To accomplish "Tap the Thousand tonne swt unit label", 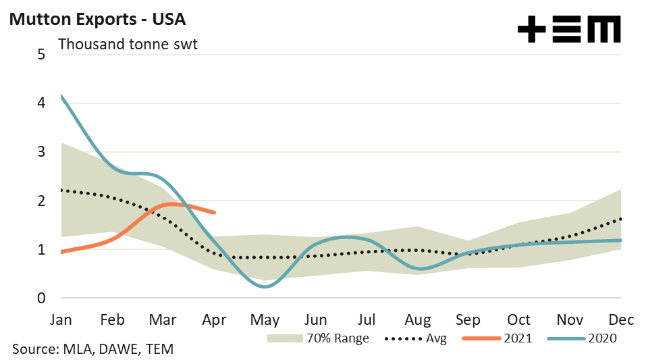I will tap(128, 45).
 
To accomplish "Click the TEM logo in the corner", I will tap(568, 30).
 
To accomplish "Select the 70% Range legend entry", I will tap(318, 338).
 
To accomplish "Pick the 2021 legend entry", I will tap(500, 338).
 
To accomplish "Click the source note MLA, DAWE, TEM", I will tap(93, 349).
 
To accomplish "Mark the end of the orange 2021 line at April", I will tap(215, 213).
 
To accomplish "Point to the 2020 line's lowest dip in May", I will tap(265, 287).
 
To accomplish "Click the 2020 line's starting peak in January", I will tap(62, 97).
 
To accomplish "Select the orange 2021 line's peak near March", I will tap(171, 203).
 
